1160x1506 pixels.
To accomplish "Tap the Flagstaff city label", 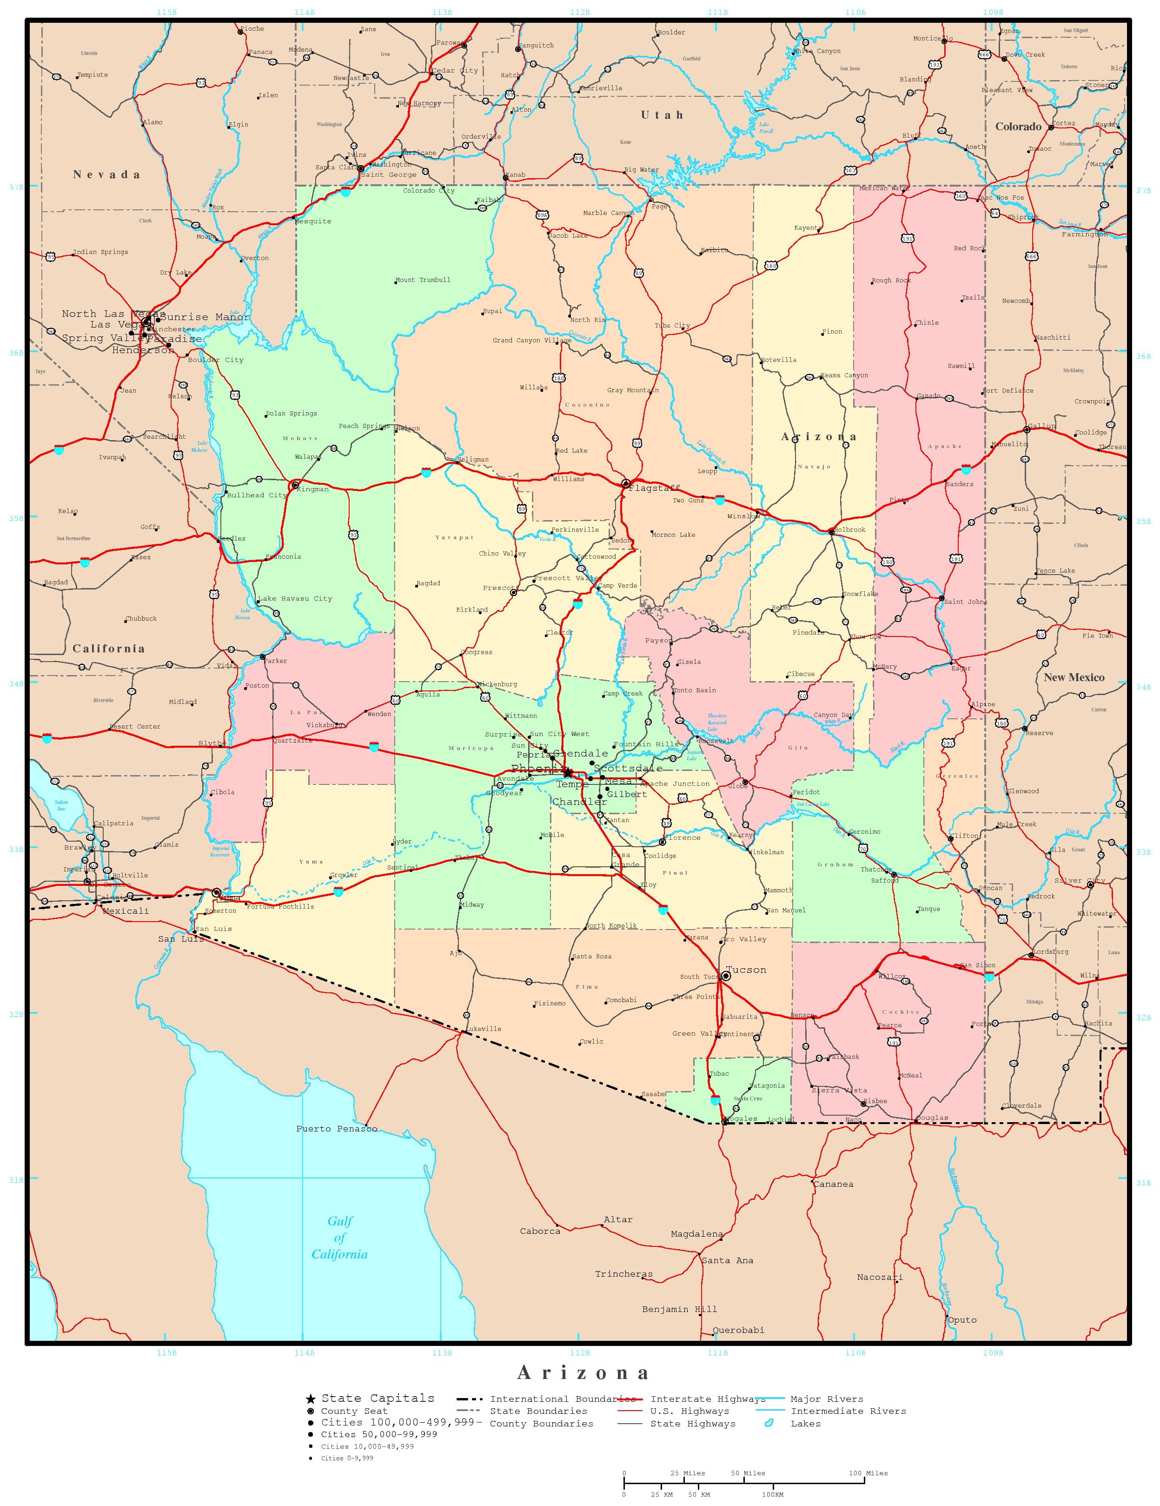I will coord(654,488).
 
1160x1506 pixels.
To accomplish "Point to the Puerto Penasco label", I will coord(336,1129).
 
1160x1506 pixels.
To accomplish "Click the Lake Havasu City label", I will coord(294,598).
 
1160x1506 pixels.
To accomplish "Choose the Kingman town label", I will coord(312,489).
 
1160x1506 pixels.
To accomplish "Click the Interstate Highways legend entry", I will coord(708,1399).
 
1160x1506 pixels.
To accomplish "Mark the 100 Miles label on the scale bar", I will coord(867,1473).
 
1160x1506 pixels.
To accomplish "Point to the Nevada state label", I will coord(107,174).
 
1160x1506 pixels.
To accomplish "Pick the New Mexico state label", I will coord(1073,677).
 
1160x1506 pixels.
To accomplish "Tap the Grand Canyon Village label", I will coord(531,341).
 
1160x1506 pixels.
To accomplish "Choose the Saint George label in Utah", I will coord(389,175).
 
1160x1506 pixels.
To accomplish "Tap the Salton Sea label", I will coord(61,805).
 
